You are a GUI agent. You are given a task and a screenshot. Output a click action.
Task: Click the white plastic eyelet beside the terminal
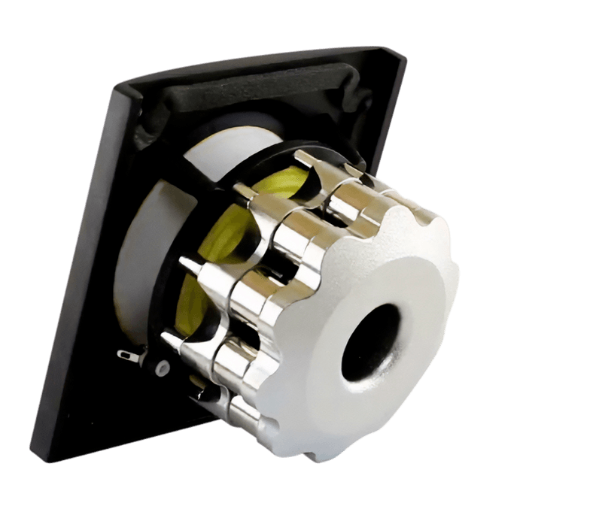coord(160,368)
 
